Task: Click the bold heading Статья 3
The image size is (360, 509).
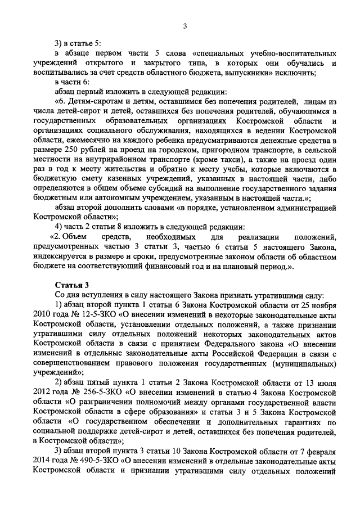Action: (x=71, y=286)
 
